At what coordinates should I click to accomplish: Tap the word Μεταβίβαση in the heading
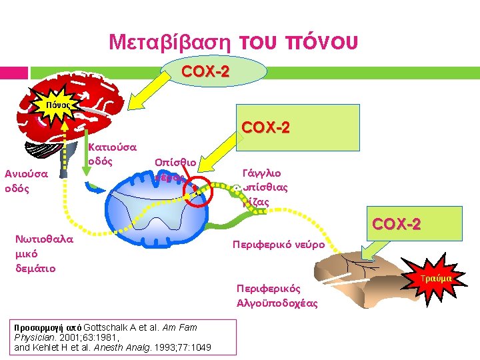(170, 43)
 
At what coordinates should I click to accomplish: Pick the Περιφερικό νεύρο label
(279, 245)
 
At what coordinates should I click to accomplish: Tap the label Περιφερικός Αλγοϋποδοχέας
(276, 296)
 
